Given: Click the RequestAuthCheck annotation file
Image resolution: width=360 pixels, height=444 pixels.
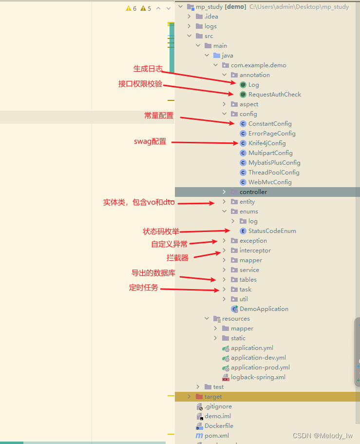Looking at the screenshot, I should click(274, 95).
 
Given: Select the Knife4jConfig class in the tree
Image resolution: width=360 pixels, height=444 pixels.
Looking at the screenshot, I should click(266, 143).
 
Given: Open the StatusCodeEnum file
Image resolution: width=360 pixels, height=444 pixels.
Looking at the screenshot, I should click(272, 231).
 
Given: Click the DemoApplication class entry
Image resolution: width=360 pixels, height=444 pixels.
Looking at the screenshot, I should click(264, 309).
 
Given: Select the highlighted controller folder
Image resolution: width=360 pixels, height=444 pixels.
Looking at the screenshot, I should click(253, 192).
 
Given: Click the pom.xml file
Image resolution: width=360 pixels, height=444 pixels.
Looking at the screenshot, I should click(216, 436).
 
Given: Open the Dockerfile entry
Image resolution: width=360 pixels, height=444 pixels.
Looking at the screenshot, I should click(219, 426).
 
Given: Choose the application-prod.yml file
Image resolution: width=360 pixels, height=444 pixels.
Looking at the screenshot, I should click(260, 367).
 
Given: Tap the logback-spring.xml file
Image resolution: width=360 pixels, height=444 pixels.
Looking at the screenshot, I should click(258, 377).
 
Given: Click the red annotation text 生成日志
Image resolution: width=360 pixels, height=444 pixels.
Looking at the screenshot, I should click(148, 69).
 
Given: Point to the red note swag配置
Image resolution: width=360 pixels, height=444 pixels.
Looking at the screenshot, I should click(150, 142).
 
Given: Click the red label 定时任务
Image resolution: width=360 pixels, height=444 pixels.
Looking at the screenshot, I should click(144, 288).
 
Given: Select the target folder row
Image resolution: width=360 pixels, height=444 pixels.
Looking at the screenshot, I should click(213, 397).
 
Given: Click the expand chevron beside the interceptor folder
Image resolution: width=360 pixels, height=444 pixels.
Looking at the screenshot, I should click(224, 251).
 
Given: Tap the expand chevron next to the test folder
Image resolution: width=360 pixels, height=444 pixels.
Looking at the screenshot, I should click(198, 387).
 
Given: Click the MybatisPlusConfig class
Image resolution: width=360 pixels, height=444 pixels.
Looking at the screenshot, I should click(274, 163).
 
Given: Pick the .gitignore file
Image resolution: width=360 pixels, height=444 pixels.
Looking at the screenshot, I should click(218, 406).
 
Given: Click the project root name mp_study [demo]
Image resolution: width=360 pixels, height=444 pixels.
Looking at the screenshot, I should click(221, 7).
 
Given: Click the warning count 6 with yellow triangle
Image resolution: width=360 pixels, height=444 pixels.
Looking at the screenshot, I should click(131, 8).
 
